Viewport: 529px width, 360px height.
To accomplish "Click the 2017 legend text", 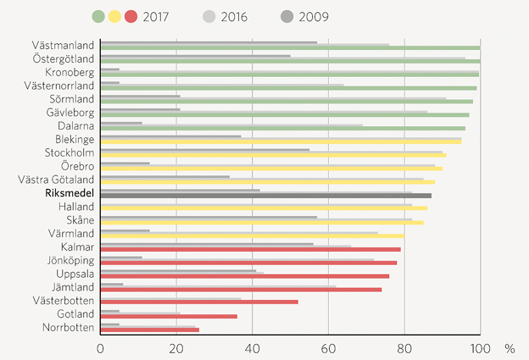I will pos(157,16).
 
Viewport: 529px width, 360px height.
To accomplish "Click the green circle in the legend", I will pos(97,16).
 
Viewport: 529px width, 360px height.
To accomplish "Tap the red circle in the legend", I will pos(131,16).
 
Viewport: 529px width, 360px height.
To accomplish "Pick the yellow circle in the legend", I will pos(114,16).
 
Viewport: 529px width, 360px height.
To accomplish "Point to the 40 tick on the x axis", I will pos(252,348).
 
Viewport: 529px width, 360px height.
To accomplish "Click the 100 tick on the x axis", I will pos(480,348).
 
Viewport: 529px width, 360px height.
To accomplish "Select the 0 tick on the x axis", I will pos(101,348).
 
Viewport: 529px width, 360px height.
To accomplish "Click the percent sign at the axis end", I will pos(510,348).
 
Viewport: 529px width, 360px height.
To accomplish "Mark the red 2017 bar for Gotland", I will pos(169,316).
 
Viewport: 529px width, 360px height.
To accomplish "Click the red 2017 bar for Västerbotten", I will pos(199,302).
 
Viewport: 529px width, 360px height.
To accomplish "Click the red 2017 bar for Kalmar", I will pos(250,249).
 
